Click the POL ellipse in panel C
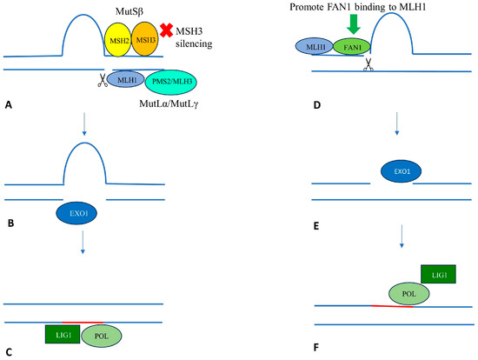101,335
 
